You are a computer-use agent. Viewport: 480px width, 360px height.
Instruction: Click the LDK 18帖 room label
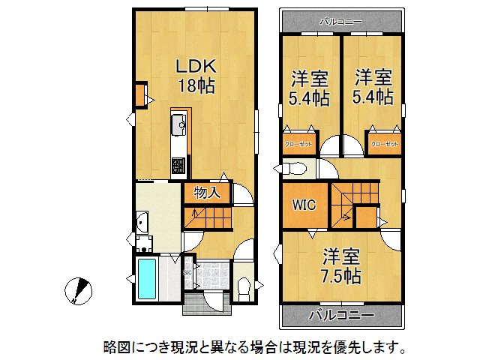(x=196, y=76)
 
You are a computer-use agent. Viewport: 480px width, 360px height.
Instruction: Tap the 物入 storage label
(x=206, y=193)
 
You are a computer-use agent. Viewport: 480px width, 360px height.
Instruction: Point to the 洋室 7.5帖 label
(x=341, y=265)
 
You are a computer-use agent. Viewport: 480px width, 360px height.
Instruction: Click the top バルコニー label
(x=341, y=21)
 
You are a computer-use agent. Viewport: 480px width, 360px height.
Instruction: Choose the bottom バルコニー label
(x=341, y=315)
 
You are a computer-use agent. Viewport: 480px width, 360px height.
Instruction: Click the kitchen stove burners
(x=178, y=166)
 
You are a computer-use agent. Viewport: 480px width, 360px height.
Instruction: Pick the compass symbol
(x=78, y=291)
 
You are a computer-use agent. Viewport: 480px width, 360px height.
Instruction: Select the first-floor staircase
(x=207, y=219)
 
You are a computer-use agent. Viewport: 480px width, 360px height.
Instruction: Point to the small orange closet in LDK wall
(x=140, y=96)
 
